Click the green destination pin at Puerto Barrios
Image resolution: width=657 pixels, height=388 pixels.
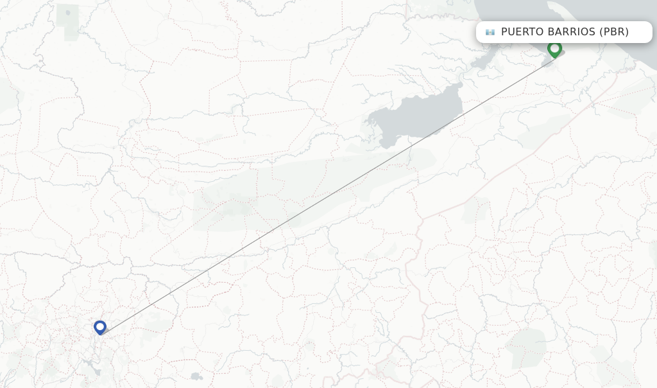point(554,49)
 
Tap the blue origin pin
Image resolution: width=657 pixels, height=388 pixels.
point(100,328)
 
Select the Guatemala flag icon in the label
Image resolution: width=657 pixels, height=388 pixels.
point(490,32)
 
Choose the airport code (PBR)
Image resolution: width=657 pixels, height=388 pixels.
point(614,32)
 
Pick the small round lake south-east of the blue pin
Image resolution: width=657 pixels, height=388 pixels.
point(196,376)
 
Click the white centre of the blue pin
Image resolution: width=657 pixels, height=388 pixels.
point(100,326)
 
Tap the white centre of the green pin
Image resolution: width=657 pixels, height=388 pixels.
point(554,47)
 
